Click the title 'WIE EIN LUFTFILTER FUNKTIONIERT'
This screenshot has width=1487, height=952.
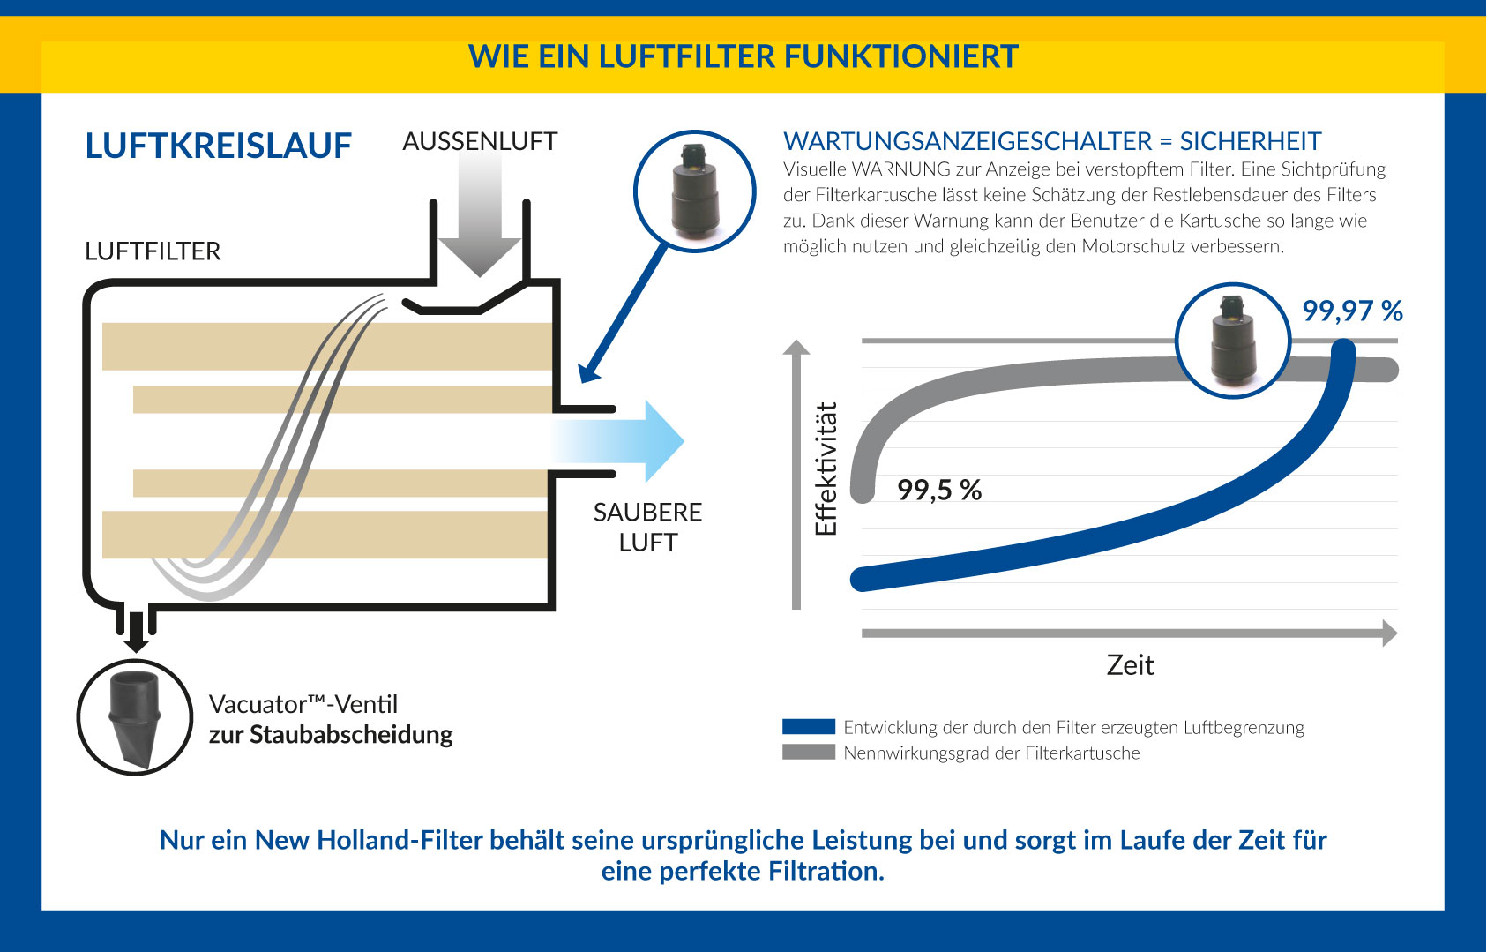point(743,56)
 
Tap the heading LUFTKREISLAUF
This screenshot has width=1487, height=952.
point(219,146)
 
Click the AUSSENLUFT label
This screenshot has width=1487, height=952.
point(480,141)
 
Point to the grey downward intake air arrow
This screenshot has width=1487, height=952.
point(479,213)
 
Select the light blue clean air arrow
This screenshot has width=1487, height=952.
point(617,441)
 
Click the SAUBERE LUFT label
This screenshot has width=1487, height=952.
point(647,527)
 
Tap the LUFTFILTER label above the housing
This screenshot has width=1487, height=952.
point(153,251)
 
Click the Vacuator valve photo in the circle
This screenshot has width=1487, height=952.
point(135,717)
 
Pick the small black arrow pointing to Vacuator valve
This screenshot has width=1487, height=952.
point(136,632)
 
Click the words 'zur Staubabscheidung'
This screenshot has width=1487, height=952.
point(331,735)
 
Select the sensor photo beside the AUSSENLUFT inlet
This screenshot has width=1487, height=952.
point(694,191)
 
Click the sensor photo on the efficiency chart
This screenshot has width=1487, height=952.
point(1233,341)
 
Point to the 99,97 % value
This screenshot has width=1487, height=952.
point(1352,311)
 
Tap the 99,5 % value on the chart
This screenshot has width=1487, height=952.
point(939,491)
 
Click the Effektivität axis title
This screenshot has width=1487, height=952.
point(826,469)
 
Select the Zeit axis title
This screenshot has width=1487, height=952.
point(1130,665)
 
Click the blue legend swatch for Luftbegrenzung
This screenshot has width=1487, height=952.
point(809,726)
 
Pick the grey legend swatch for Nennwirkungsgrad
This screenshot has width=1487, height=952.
point(809,753)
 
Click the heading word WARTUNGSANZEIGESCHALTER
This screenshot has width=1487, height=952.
point(968,141)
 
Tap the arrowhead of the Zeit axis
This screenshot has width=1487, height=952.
point(1390,633)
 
